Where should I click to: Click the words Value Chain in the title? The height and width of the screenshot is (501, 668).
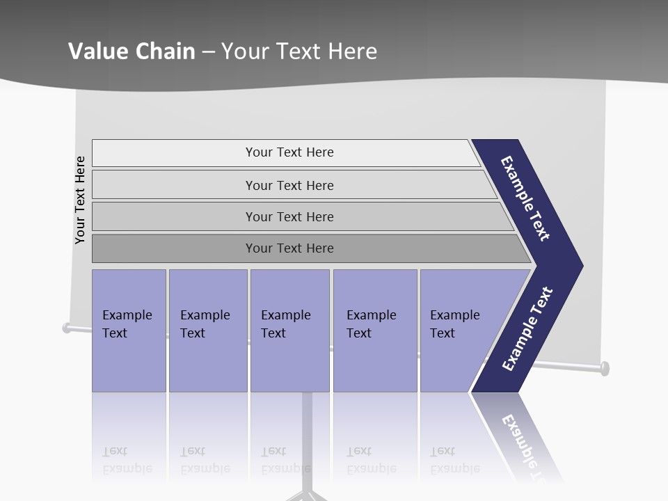pyautogui.click(x=132, y=51)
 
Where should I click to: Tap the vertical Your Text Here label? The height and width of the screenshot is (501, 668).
pyautogui.click(x=80, y=200)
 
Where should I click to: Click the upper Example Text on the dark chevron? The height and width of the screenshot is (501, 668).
pyautogui.click(x=525, y=198)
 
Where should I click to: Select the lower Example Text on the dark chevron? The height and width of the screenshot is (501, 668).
pyautogui.click(x=527, y=329)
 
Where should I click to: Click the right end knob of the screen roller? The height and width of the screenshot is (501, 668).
pyautogui.click(x=604, y=367)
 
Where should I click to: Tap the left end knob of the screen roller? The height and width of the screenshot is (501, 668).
pyautogui.click(x=67, y=328)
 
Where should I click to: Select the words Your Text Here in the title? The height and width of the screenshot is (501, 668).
pyautogui.click(x=299, y=51)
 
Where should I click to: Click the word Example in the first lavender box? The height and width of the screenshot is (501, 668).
pyautogui.click(x=127, y=315)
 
